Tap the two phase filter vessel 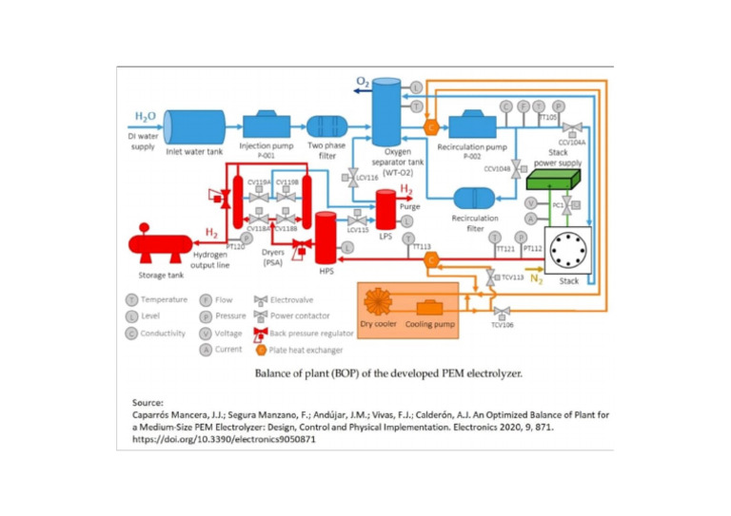(x=326, y=127)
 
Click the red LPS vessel (x=386, y=206)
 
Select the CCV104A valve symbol (x=571, y=126)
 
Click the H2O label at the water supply (x=145, y=116)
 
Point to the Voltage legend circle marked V (x=207, y=334)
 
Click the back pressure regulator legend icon (x=260, y=334)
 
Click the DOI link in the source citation (x=218, y=440)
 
